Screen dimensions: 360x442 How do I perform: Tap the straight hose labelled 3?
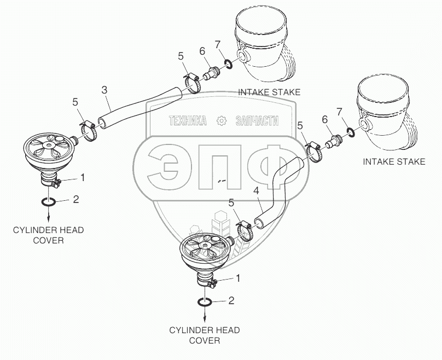click(x=139, y=104)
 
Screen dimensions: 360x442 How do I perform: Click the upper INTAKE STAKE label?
click(x=269, y=92)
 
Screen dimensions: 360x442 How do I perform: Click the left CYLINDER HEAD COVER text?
click(x=48, y=235)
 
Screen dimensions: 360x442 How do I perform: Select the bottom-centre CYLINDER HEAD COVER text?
click(x=204, y=335)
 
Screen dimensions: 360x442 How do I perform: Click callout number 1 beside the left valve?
click(x=83, y=177)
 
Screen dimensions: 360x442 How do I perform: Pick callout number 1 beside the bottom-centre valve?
click(x=237, y=278)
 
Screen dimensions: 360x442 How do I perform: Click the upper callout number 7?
click(x=217, y=44)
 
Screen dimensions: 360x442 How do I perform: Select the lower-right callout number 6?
click(x=324, y=119)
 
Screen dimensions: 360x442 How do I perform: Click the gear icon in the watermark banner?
click(x=221, y=121)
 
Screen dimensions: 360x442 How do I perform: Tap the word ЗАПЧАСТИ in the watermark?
click(x=257, y=121)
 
